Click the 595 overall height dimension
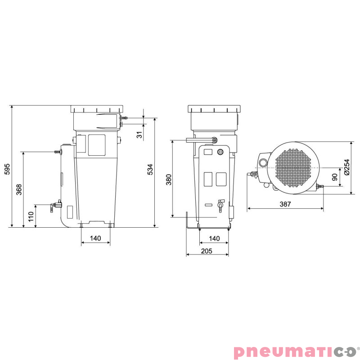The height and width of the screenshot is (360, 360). pos(7,169)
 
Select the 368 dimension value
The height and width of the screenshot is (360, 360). pos(19,189)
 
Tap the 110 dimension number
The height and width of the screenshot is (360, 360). pos(31,217)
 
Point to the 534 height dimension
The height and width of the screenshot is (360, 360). pos(150,170)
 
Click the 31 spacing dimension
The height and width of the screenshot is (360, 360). pos(139,135)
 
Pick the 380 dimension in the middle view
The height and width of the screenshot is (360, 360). pos(169,180)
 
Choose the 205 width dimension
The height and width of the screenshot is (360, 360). pos(207,251)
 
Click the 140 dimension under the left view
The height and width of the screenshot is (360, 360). pos(95,238)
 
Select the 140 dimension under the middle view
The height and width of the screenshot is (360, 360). pos(214,238)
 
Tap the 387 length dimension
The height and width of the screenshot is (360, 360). pos(285,204)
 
